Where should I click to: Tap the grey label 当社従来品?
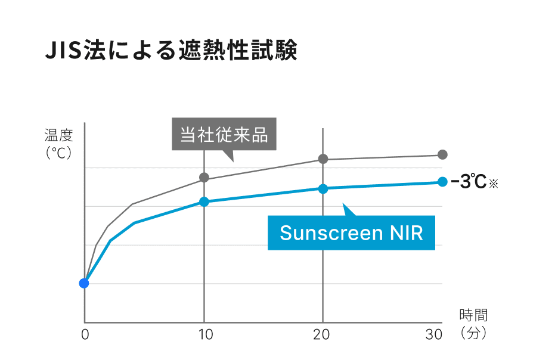click(224, 135)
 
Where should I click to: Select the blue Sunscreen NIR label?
click(351, 232)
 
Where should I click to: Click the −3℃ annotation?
click(469, 182)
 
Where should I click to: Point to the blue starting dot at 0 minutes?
click(84, 283)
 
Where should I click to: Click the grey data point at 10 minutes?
click(204, 177)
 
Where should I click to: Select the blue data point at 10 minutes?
click(204, 201)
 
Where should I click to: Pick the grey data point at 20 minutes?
click(323, 159)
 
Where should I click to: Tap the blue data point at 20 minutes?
click(323, 188)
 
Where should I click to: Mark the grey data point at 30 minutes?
click(442, 154)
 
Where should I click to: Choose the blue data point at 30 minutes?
click(442, 182)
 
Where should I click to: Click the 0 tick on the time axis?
click(85, 335)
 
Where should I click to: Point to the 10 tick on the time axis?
click(204, 335)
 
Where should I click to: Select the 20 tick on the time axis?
click(322, 335)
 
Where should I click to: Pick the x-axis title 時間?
click(473, 315)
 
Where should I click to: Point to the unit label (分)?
click(473, 333)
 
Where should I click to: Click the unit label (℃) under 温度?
click(58, 153)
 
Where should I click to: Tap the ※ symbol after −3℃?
click(493, 184)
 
